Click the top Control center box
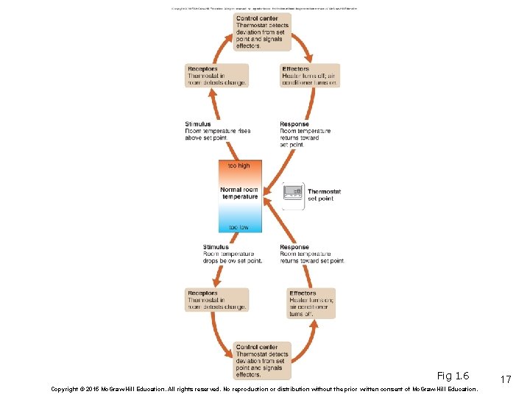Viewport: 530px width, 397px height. point(262,32)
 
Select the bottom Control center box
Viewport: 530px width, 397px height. point(262,361)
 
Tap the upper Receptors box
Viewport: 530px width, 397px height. point(216,76)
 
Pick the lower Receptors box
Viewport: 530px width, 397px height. point(216,300)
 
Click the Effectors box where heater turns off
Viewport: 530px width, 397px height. point(309,76)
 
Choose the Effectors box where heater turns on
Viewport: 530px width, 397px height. point(311,303)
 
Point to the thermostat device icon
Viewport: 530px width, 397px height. point(293,192)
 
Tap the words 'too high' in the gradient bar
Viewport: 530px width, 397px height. point(239,166)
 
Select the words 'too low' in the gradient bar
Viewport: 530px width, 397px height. point(239,227)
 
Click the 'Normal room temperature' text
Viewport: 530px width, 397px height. point(240,193)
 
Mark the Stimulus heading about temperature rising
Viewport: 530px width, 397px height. point(198,124)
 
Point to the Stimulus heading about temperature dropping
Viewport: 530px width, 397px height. point(216,247)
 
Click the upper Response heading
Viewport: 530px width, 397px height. point(294,124)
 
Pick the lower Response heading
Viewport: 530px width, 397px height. point(294,247)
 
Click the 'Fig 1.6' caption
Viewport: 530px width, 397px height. point(453,376)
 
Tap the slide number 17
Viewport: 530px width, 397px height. point(506,379)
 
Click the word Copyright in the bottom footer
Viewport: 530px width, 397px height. point(67,389)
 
